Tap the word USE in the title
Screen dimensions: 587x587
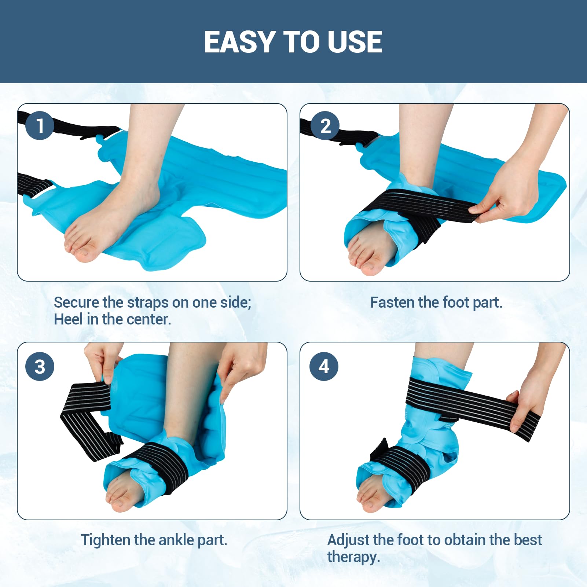click(x=355, y=42)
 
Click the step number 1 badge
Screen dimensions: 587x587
click(x=40, y=125)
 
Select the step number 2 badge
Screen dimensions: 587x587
click(x=325, y=126)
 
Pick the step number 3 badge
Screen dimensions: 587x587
click(x=40, y=366)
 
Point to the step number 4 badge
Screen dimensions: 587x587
click(x=324, y=366)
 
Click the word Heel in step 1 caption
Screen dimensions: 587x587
click(x=68, y=319)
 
